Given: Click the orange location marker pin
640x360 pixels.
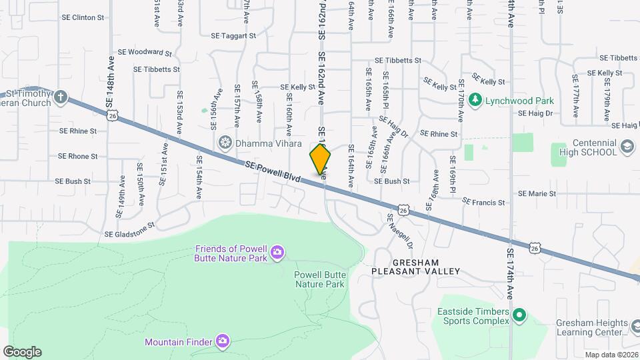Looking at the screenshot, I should click(x=320, y=158).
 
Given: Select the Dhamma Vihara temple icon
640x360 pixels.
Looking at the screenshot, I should click(x=226, y=142).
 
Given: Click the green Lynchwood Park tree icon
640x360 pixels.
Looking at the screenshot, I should click(x=475, y=101).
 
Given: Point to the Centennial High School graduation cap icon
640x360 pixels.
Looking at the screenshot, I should click(x=627, y=146).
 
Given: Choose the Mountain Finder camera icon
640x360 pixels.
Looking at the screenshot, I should click(x=223, y=342).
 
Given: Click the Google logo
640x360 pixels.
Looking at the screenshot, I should click(x=22, y=352).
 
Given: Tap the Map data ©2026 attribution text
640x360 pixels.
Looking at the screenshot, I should click(x=611, y=355).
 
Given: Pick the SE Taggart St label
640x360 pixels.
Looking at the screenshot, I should click(x=233, y=36).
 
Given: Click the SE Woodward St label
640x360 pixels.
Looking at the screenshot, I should click(x=145, y=51).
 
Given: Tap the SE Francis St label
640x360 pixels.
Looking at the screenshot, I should click(x=484, y=202).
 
